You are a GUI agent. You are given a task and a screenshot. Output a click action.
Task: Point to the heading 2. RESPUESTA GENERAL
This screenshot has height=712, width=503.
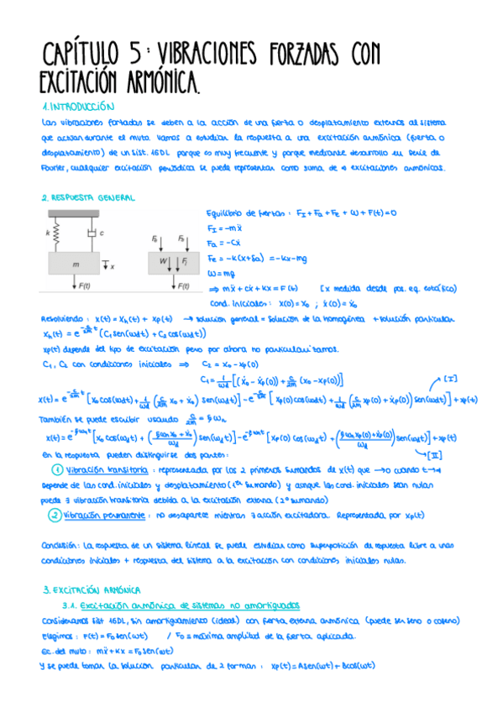pos(87,197)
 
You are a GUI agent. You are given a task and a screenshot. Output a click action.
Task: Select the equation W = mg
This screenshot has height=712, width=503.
pos(222,273)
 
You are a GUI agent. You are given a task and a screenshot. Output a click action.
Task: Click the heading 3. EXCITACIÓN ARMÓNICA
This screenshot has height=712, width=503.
pos(92,590)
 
